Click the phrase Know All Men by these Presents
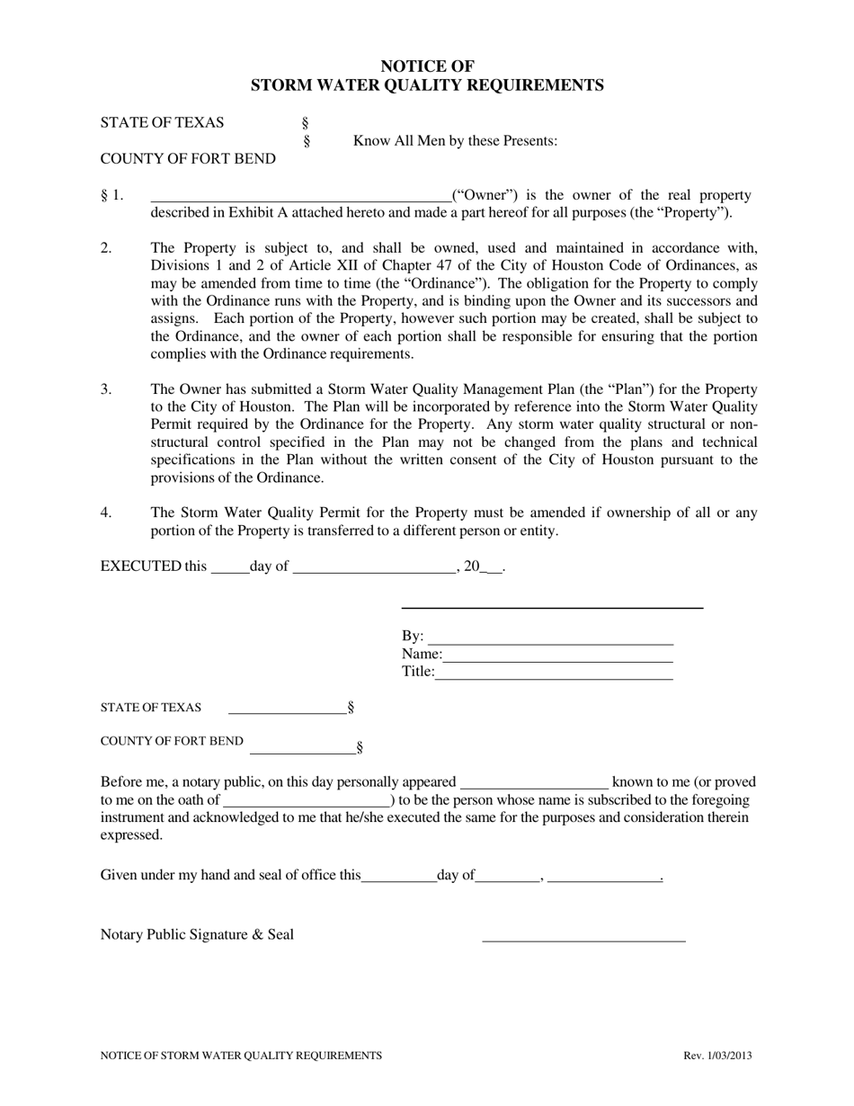pyautogui.click(x=455, y=141)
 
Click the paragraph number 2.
pyautogui.click(x=106, y=248)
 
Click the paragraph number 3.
pyautogui.click(x=106, y=389)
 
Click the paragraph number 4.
pyautogui.click(x=106, y=513)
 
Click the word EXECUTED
pyautogui.click(x=141, y=566)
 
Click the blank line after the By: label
pyautogui.click(x=550, y=639)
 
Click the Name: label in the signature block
pyautogui.click(x=422, y=655)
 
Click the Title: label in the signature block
pyautogui.click(x=418, y=672)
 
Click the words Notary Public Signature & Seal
pyautogui.click(x=197, y=934)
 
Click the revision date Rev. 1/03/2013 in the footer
pyautogui.click(x=717, y=1056)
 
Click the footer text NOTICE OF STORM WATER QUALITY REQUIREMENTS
pyautogui.click(x=241, y=1056)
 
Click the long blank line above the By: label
pyautogui.click(x=552, y=608)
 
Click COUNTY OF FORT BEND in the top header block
pyautogui.click(x=188, y=159)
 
